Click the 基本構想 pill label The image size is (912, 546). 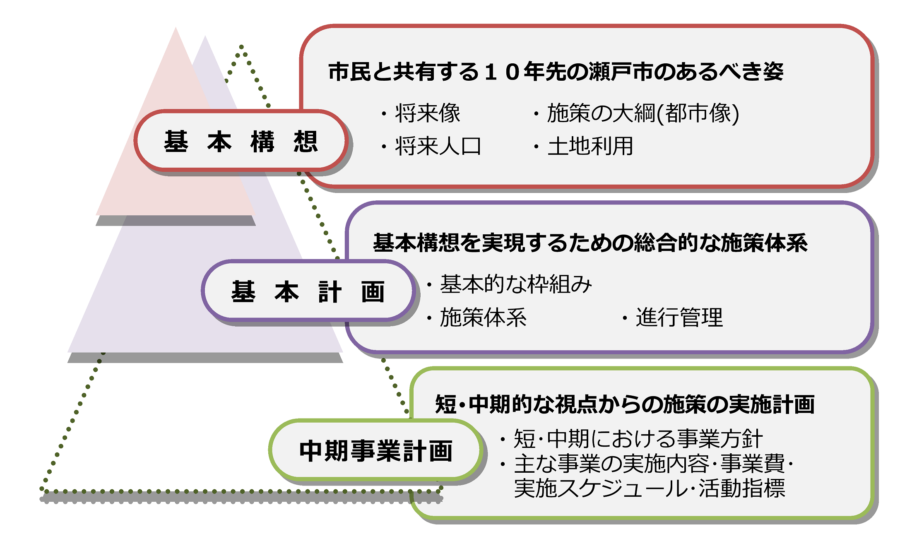[x=241, y=141]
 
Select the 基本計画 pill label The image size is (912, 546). [x=308, y=291]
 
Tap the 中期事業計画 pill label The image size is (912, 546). [x=375, y=451]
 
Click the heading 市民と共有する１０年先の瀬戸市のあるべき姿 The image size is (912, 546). [x=556, y=72]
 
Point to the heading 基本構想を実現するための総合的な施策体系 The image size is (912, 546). [x=590, y=243]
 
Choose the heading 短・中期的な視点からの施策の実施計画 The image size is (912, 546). [x=625, y=404]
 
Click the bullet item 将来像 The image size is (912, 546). [x=427, y=113]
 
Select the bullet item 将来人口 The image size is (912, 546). [x=438, y=146]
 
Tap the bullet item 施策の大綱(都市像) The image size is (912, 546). [x=642, y=113]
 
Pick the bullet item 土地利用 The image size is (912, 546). [x=590, y=146]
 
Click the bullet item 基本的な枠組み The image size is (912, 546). [x=516, y=284]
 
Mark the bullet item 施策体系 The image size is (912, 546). [x=483, y=317]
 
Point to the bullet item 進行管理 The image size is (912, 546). [x=679, y=317]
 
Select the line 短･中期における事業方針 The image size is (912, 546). [x=638, y=439]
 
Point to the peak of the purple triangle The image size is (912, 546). [x=205, y=37]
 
